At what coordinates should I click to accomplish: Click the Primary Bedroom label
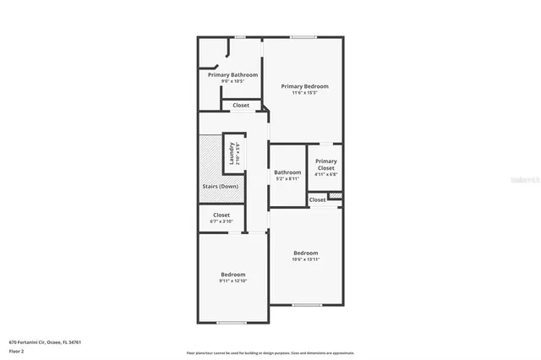click(x=304, y=86)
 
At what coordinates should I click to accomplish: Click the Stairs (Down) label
click(x=220, y=186)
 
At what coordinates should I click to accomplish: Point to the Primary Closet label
click(x=325, y=165)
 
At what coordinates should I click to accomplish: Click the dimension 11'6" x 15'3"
click(x=304, y=93)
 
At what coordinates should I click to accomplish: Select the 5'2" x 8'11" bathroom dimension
click(x=287, y=178)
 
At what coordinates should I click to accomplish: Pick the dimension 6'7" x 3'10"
click(x=221, y=221)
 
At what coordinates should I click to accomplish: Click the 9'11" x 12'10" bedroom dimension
click(x=233, y=281)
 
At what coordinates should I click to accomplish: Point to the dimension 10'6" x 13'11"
click(x=305, y=259)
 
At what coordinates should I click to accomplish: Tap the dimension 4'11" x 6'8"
click(x=325, y=175)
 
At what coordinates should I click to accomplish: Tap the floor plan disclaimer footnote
click(x=270, y=353)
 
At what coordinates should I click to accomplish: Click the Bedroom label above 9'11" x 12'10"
click(x=233, y=274)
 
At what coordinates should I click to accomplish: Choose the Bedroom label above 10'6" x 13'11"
click(x=305, y=253)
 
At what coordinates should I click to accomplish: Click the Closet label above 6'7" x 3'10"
click(x=221, y=215)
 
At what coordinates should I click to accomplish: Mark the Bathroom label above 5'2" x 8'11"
click(x=287, y=172)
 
